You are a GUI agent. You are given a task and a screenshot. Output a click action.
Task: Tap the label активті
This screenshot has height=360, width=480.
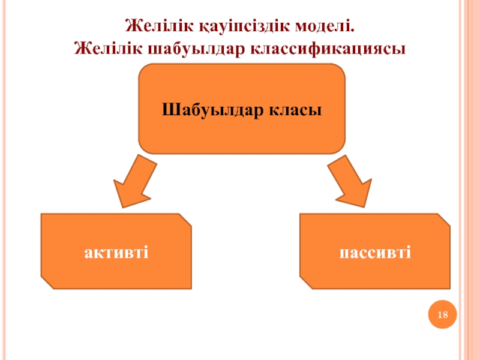(x=116, y=251)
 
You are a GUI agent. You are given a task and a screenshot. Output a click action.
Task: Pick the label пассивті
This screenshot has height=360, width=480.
(x=374, y=251)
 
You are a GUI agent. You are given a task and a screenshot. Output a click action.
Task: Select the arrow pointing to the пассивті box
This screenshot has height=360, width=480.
(x=350, y=181)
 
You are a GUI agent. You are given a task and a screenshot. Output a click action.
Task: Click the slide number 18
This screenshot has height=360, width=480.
(x=443, y=316)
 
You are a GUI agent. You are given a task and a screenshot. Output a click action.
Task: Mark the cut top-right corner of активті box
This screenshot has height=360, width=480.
(x=186, y=219)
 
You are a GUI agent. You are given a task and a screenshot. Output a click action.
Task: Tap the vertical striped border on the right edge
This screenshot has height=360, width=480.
(x=469, y=180)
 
